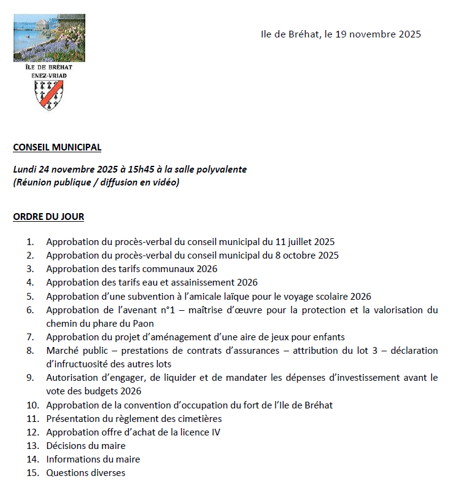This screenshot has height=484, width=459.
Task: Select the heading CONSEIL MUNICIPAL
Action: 57,147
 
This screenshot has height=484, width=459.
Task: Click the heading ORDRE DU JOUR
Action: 48,216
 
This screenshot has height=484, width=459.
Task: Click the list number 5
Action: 30,296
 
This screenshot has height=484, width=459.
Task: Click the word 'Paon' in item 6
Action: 142,323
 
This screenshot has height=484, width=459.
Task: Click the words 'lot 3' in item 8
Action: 360,350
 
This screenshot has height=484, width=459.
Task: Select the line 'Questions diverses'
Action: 85,473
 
